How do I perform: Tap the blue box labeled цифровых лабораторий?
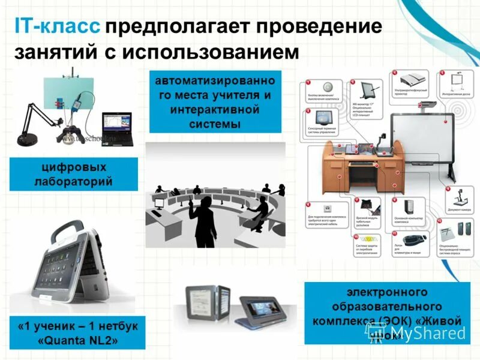(74, 174)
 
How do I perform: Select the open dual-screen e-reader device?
(207, 300)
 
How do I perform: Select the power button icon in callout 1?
(328, 86)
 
